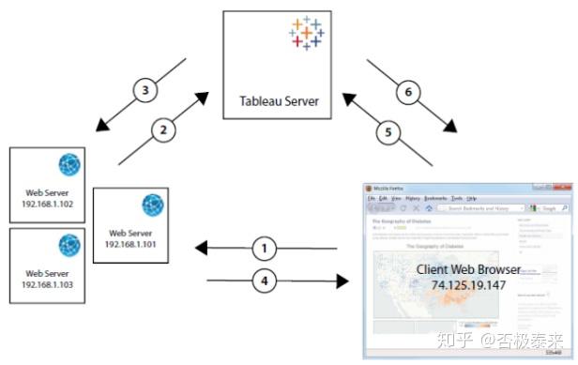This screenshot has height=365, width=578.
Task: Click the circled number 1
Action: coord(266,248)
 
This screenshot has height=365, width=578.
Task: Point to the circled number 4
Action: coord(266,280)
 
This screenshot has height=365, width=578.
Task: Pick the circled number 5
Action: coord(387,132)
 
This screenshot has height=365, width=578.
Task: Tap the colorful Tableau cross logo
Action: coord(307,33)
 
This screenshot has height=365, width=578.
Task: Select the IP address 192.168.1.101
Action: coord(130,244)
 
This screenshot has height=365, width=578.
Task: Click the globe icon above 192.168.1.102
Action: coord(68,165)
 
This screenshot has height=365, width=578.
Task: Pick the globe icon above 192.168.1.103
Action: coord(68,246)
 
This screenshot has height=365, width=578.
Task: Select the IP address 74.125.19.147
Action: coord(468,283)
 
